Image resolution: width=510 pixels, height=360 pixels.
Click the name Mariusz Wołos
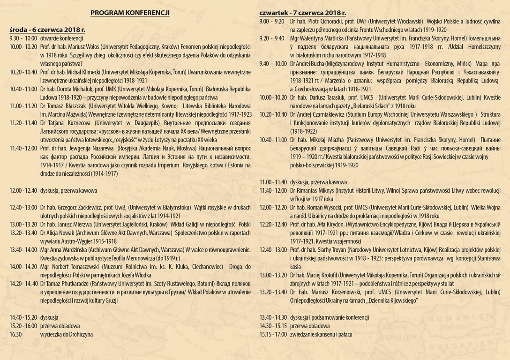click(x=86, y=47)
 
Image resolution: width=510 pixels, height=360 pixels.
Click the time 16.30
click(x=15, y=335)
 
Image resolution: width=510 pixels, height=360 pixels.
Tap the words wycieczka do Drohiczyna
click(x=66, y=335)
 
